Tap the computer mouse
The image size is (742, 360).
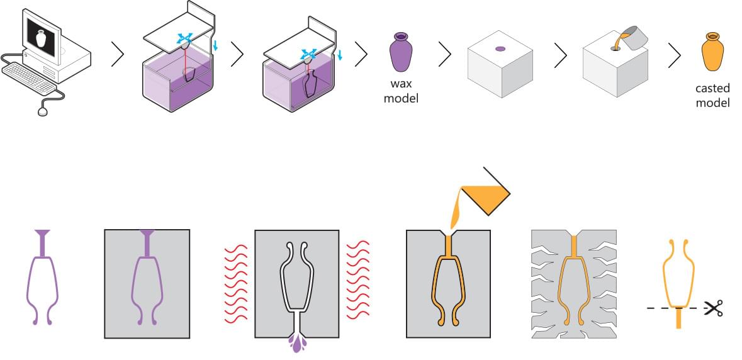pos(43,111)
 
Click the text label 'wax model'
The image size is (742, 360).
pos(401,91)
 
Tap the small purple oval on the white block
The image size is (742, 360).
pos(500,48)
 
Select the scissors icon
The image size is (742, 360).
pos(713,308)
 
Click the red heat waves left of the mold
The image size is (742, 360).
pos(237,283)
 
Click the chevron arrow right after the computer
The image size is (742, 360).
pos(117,55)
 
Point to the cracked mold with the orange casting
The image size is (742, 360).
pos(573,284)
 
